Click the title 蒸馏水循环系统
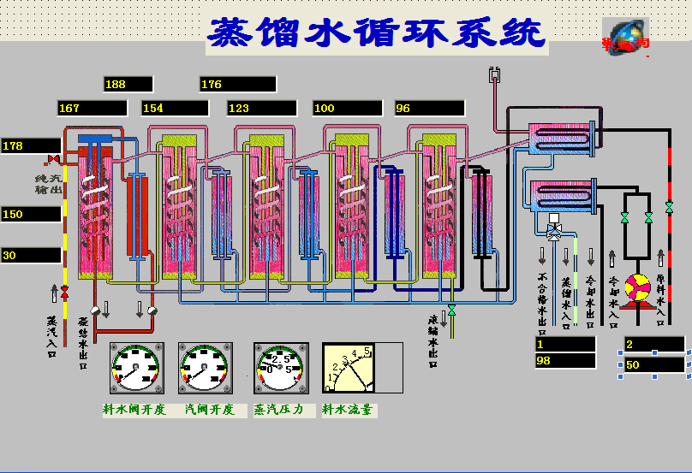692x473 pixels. tap(377, 33)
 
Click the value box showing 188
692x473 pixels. tap(128, 84)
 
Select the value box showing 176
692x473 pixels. tap(238, 84)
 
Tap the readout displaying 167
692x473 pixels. tap(92, 108)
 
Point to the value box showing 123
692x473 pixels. tap(261, 108)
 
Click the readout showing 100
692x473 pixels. tap(347, 108)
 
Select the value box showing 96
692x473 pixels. tap(429, 108)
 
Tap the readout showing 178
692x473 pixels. tap(31, 145)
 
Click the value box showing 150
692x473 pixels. tap(31, 214)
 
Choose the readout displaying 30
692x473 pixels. tap(31, 255)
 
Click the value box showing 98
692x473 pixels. tap(565, 360)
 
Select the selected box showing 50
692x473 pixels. tap(655, 365)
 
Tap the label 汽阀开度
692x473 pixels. tap(209, 410)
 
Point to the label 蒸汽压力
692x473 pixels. tap(279, 410)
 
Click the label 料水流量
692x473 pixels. tap(348, 410)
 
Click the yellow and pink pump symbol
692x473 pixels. tap(638, 287)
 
